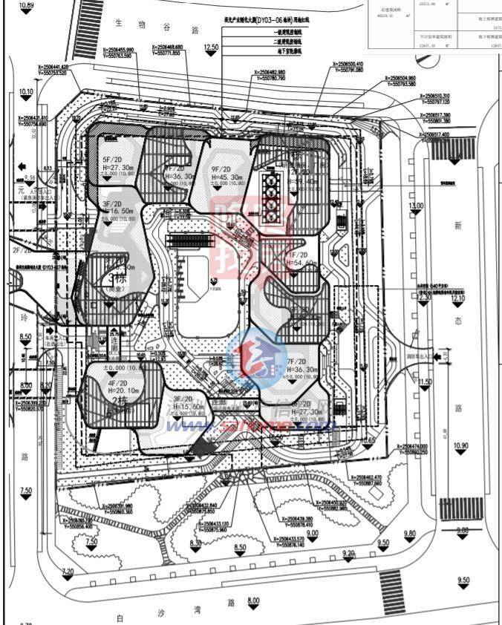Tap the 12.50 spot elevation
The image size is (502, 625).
tap(211, 48)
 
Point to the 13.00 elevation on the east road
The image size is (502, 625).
tap(415, 206)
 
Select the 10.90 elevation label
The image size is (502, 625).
tap(460, 446)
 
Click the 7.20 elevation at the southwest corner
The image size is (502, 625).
tap(68, 571)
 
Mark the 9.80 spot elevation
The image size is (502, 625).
tap(409, 534)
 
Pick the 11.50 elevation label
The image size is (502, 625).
tap(425, 382)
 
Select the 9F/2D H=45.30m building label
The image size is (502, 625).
tap(226, 173)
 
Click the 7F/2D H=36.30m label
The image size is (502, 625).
tap(302, 365)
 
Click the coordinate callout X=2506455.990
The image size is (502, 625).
tap(128, 50)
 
